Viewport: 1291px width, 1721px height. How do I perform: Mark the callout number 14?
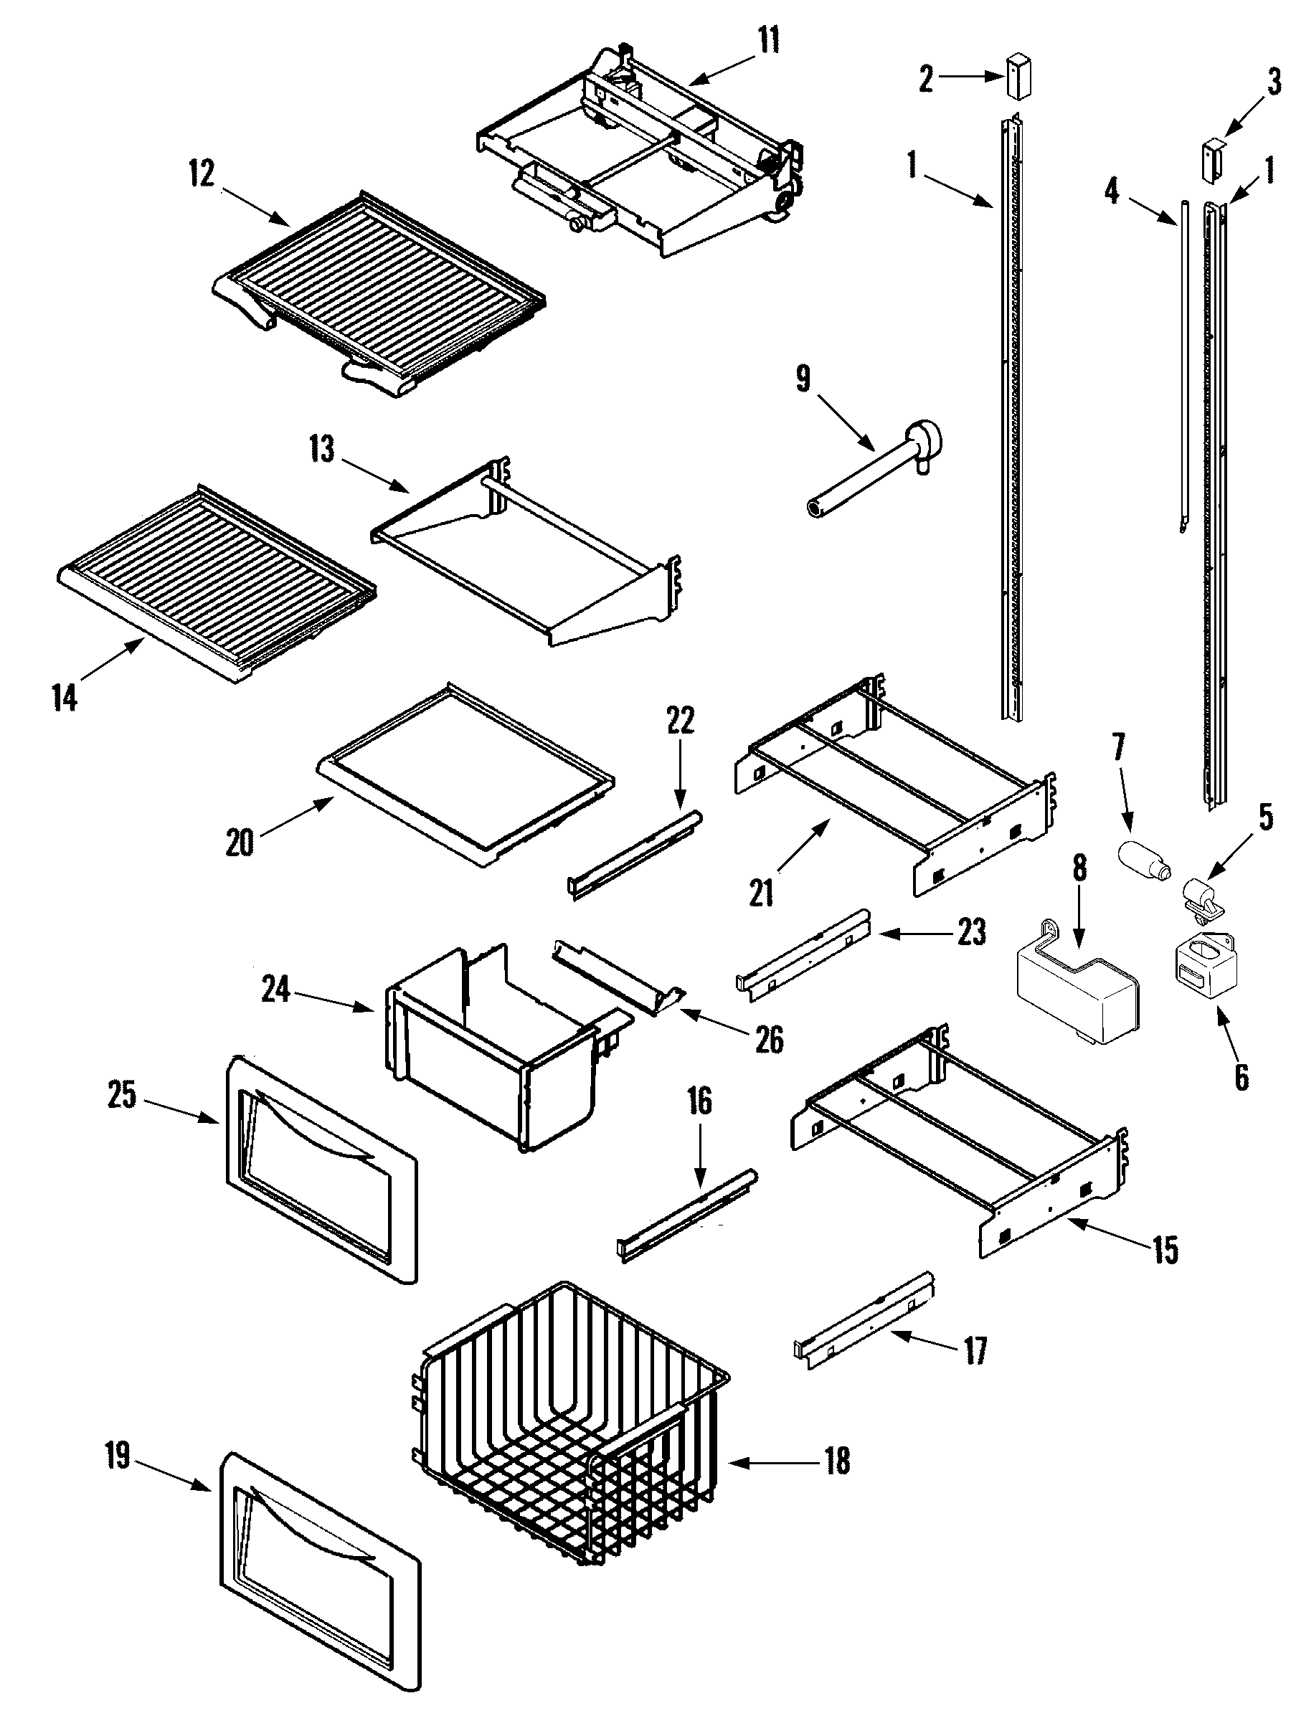[x=65, y=698]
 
